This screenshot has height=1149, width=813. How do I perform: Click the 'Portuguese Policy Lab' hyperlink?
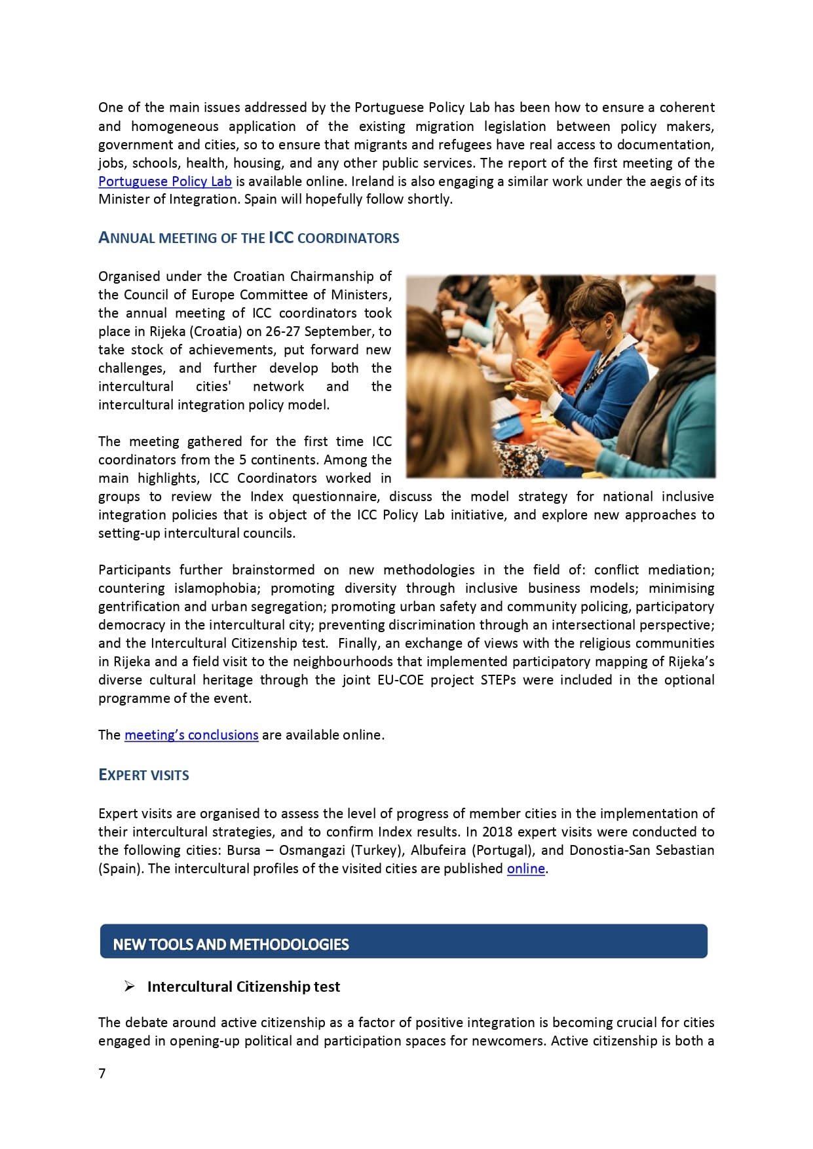click(164, 181)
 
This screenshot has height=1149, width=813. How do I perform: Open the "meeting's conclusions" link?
click(191, 735)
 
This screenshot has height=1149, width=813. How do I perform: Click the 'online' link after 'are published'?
click(525, 869)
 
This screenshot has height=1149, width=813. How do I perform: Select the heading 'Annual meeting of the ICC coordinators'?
click(248, 238)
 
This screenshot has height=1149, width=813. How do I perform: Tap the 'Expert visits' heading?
click(143, 775)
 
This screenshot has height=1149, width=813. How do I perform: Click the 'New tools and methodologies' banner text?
click(231, 944)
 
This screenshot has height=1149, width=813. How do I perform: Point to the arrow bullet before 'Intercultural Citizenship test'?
click(130, 987)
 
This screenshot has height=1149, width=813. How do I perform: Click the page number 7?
click(102, 1073)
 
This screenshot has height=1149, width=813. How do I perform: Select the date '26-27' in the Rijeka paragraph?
click(282, 331)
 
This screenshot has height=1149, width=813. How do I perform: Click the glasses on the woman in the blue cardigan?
click(584, 325)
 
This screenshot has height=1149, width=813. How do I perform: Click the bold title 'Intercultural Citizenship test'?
click(243, 987)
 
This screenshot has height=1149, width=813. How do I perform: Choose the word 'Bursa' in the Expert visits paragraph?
click(244, 850)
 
